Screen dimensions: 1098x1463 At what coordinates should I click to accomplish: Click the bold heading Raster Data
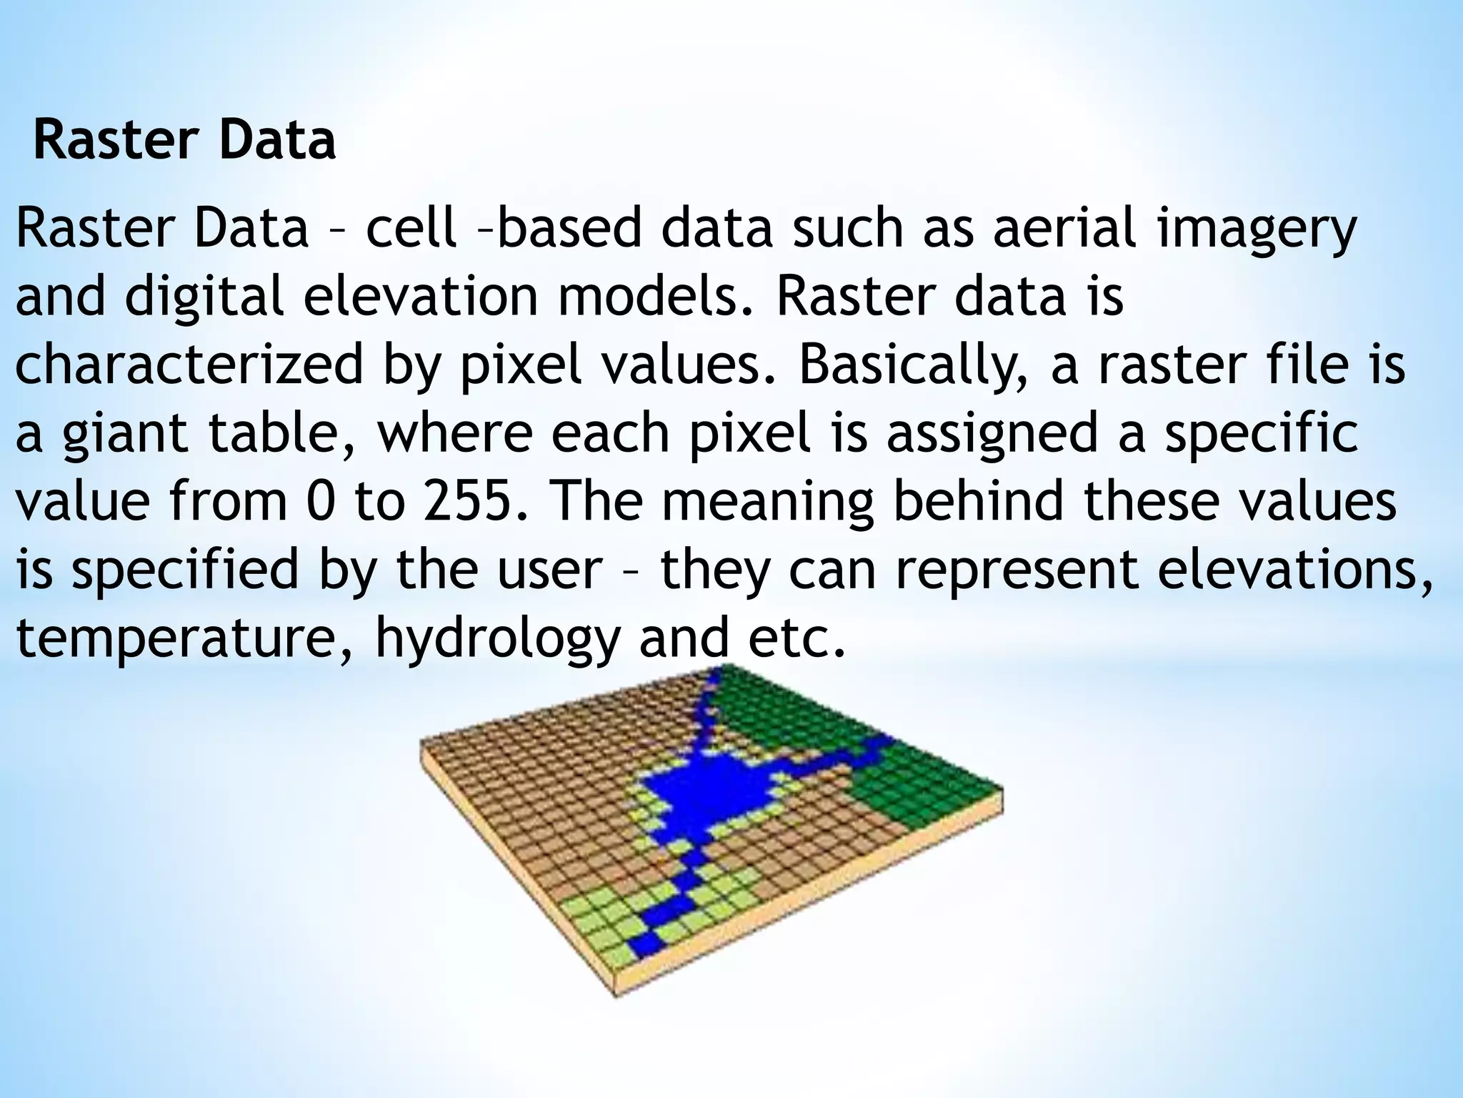point(184,141)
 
